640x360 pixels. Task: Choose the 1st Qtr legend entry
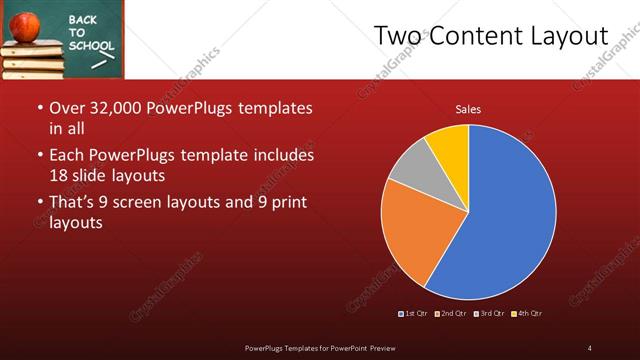415,314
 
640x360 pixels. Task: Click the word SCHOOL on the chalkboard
91,46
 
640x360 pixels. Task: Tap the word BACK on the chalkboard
83,19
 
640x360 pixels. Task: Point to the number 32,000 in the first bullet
116,107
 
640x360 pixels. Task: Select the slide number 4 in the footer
590,347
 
